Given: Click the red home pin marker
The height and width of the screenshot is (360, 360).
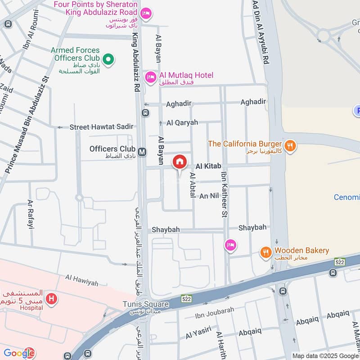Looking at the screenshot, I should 179,162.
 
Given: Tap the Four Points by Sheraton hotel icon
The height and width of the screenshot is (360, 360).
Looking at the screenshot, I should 145,14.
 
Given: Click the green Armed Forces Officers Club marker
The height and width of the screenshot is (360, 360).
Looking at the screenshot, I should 108,59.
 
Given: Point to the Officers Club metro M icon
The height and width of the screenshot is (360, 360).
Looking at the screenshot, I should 143,152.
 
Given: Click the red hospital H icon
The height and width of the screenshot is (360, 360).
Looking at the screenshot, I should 52,298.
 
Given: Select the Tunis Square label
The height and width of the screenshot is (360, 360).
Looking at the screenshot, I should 146,304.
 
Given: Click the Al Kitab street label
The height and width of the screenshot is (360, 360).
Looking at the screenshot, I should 208,166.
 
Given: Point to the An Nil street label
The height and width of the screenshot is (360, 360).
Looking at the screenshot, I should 209,196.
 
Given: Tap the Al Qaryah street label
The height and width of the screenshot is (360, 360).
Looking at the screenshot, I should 182,122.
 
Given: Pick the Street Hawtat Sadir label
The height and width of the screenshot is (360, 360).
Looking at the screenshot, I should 101,127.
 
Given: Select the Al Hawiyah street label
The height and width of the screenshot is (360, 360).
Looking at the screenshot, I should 81,283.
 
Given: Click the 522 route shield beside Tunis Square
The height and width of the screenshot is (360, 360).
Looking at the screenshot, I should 187,298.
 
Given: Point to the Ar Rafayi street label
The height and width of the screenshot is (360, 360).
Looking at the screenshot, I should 31,215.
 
